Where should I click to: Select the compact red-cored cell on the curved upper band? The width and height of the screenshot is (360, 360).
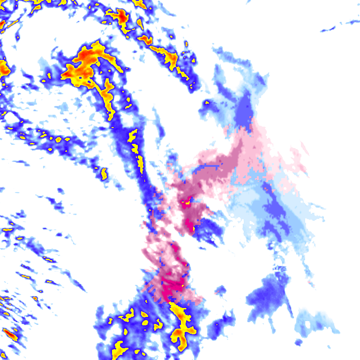click(x=122, y=18)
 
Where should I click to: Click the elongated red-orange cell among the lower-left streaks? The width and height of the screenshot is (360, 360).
click(x=10, y=334)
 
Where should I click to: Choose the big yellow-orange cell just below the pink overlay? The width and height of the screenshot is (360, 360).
click(x=182, y=323)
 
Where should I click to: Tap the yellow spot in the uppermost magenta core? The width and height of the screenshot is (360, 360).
click(x=186, y=203)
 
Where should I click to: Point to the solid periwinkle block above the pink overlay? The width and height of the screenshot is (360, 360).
click(x=243, y=110)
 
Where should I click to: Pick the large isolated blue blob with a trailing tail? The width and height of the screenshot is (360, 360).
click(x=267, y=295)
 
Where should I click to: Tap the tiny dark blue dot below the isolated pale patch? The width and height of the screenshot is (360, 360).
click(x=298, y=342)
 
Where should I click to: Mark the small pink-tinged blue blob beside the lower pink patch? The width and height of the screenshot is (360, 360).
click(x=220, y=291)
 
